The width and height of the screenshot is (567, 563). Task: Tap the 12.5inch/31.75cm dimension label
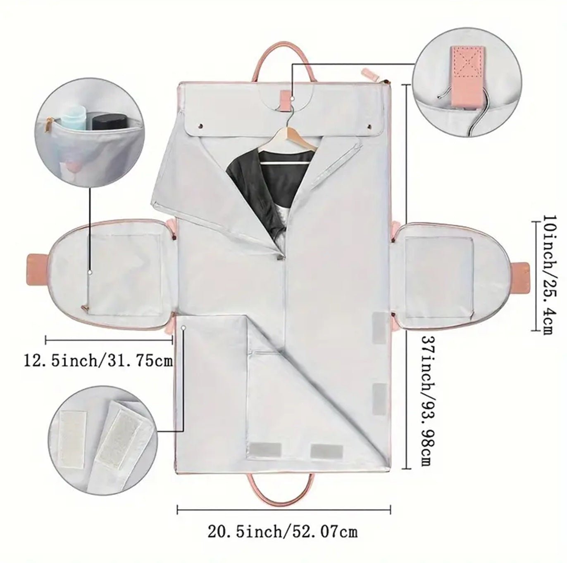tap(98, 360)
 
